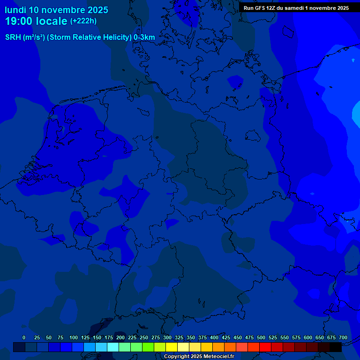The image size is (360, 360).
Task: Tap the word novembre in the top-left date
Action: pos(62,10)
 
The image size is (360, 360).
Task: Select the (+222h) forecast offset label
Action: pos(83,21)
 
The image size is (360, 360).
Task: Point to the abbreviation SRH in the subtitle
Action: pos(13,37)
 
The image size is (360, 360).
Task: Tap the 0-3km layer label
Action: pos(144,37)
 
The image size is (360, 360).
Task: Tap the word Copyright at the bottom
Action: pos(176,357)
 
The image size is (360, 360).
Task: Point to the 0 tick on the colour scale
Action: pos(24,337)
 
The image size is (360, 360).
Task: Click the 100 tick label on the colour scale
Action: pos(74,337)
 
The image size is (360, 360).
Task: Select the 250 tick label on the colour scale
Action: pos(144,337)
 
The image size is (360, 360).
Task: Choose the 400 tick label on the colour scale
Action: pos(214,337)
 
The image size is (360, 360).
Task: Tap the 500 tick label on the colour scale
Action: pos(261,337)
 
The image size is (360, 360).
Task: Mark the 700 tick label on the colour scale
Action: pos(343,337)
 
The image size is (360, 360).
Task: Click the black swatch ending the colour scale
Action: pos(335,347)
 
